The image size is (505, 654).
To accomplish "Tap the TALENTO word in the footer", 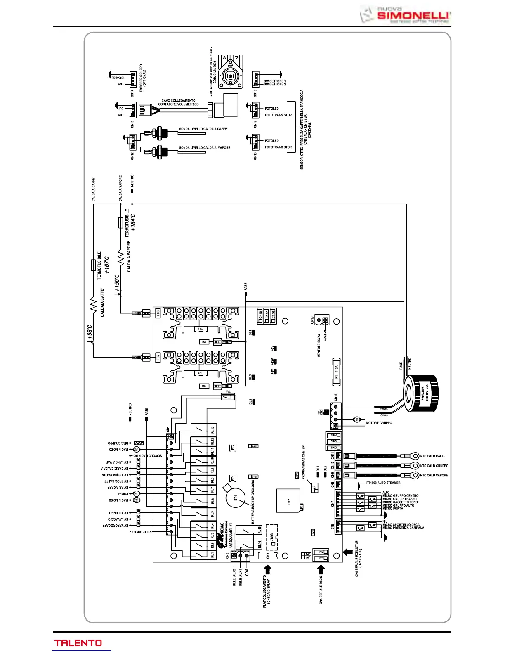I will click(x=78, y=643).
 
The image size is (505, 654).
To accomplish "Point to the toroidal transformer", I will click(x=421, y=393).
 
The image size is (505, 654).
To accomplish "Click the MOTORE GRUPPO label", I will click(x=379, y=423).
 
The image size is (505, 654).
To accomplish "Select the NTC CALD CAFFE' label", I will click(x=433, y=456).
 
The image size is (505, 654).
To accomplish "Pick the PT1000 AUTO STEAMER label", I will click(x=383, y=483).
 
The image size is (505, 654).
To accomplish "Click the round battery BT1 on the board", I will click(x=235, y=498).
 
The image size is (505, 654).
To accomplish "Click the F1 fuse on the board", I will click(x=336, y=371).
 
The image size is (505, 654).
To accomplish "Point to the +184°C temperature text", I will click(x=133, y=223).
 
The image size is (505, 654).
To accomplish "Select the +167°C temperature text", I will click(x=107, y=265).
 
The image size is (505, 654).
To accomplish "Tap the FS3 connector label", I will click(x=158, y=313).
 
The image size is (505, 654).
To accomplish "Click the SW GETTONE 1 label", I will click(x=275, y=81).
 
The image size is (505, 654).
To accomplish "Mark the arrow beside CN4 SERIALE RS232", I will click(x=321, y=570).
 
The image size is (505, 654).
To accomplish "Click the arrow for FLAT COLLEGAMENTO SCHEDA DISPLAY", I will click(x=268, y=570).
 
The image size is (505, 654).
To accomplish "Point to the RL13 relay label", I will click(x=212, y=430).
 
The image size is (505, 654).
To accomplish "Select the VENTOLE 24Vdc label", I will click(x=319, y=345).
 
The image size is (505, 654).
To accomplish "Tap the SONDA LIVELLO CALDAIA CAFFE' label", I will click(x=203, y=129).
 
